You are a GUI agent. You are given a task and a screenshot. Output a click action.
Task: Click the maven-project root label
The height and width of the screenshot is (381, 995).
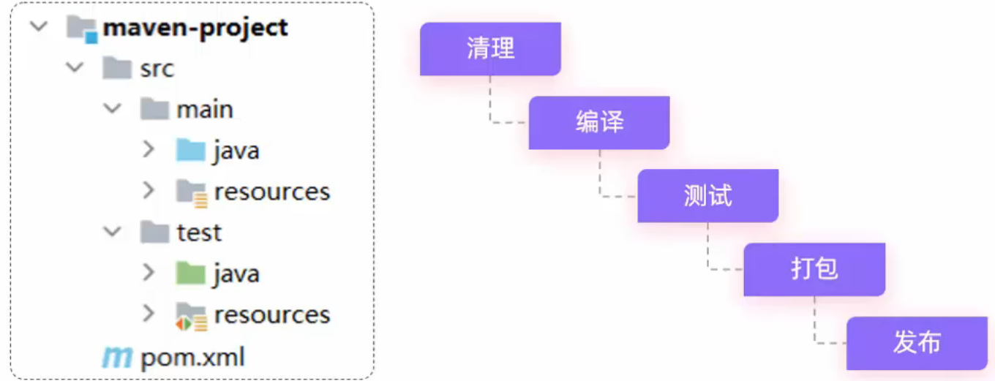195,29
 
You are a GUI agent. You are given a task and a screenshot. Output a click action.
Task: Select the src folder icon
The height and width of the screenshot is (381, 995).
117,68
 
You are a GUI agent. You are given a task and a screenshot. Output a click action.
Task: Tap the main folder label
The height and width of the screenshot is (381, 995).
205,109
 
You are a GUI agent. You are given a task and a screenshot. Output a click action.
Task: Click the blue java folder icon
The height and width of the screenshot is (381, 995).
190,150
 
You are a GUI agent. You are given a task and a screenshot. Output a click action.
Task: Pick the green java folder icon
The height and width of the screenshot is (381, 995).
190,273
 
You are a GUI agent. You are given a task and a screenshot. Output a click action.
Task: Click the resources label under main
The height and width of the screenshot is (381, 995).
272,192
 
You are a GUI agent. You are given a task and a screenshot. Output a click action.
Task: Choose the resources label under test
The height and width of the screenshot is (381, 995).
272,315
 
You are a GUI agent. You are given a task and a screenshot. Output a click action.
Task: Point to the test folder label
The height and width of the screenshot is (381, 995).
199,233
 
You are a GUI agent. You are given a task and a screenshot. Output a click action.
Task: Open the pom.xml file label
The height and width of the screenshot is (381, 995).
192,357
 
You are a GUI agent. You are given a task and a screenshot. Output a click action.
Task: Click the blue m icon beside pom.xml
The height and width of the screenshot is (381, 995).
117,357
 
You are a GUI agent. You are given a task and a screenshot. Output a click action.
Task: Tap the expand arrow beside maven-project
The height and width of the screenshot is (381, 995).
39,26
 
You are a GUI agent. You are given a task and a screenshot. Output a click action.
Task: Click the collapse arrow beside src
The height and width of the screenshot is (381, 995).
75,67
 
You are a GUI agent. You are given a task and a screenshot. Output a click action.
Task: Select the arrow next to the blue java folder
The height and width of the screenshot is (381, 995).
149,149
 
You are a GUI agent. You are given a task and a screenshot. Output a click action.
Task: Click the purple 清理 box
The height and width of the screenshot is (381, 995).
490,49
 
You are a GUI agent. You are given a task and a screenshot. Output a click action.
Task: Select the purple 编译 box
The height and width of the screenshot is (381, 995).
599,123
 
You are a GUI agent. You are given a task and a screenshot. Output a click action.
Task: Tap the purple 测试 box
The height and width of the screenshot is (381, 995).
708,195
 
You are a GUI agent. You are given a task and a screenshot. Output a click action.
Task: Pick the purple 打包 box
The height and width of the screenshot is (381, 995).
815,269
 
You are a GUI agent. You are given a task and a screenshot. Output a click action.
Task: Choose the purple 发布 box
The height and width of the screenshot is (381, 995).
917,343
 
